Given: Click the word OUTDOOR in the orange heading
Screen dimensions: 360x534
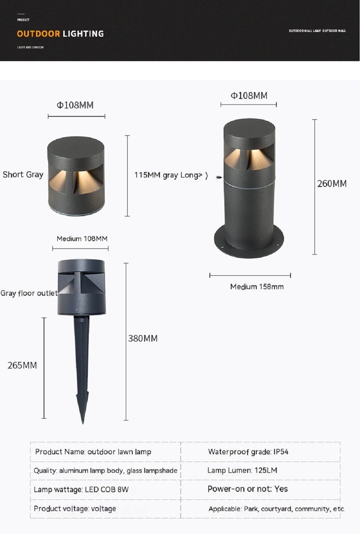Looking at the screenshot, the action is coord(38,34).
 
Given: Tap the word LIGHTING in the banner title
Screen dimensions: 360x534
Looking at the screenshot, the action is coord(83,34).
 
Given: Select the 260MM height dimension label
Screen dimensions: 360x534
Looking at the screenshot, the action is coord(332,184).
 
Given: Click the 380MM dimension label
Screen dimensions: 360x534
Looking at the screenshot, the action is coord(143,339).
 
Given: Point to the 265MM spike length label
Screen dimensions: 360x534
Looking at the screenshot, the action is coord(22,366).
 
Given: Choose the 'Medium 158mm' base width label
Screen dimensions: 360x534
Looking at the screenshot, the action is coord(257,287).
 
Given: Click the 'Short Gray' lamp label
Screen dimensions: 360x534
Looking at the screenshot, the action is coord(23,175).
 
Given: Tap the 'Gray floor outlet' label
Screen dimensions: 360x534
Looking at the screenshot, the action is coord(29,294).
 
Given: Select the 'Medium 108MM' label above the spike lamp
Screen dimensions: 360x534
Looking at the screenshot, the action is coord(82,239).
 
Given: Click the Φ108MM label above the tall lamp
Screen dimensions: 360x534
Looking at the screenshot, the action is coord(249,96).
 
